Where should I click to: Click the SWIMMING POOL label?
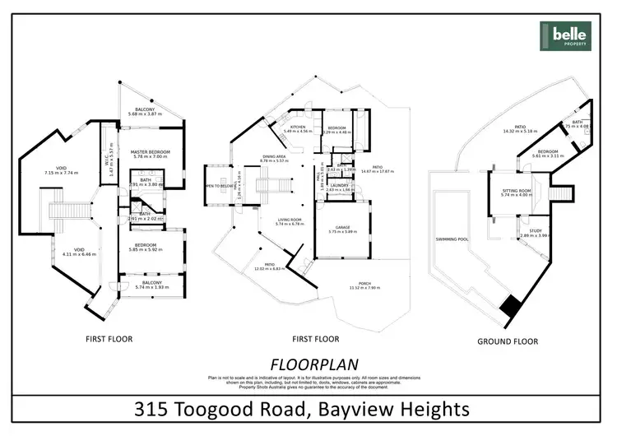452,239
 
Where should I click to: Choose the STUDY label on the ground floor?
534,232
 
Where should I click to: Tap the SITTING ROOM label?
518,190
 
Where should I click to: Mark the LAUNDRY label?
339,185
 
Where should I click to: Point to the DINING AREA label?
274,156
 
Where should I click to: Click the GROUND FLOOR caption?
508,341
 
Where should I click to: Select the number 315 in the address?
154,409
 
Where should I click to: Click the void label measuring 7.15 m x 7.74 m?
60,170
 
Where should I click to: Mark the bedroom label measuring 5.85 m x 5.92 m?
145,246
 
